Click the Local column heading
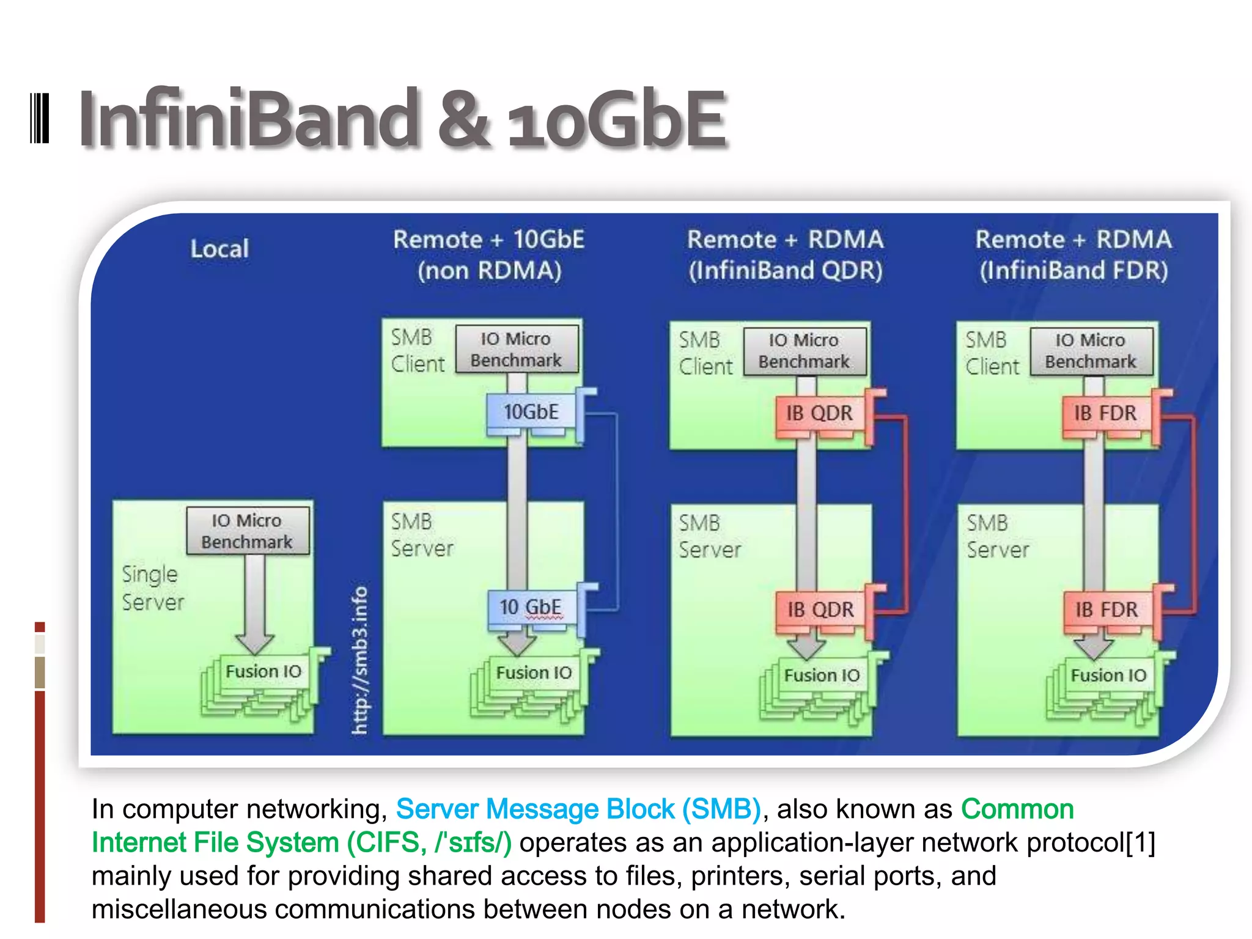pyautogui.click(x=219, y=249)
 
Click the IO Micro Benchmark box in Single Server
pyautogui.click(x=248, y=531)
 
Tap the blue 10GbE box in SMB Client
pyautogui.click(x=531, y=412)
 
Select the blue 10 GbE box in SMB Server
pyautogui.click(x=531, y=608)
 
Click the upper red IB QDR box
pyautogui.click(x=819, y=414)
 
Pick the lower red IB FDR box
pyautogui.click(x=1107, y=610)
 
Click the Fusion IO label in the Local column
pyautogui.click(x=263, y=671)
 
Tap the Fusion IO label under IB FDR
pyautogui.click(x=1108, y=676)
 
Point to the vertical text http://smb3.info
pyautogui.click(x=360, y=660)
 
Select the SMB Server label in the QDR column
pyautogui.click(x=709, y=536)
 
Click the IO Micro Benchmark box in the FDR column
pyautogui.click(x=1091, y=351)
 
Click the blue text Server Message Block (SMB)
pyautogui.click(x=578, y=809)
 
